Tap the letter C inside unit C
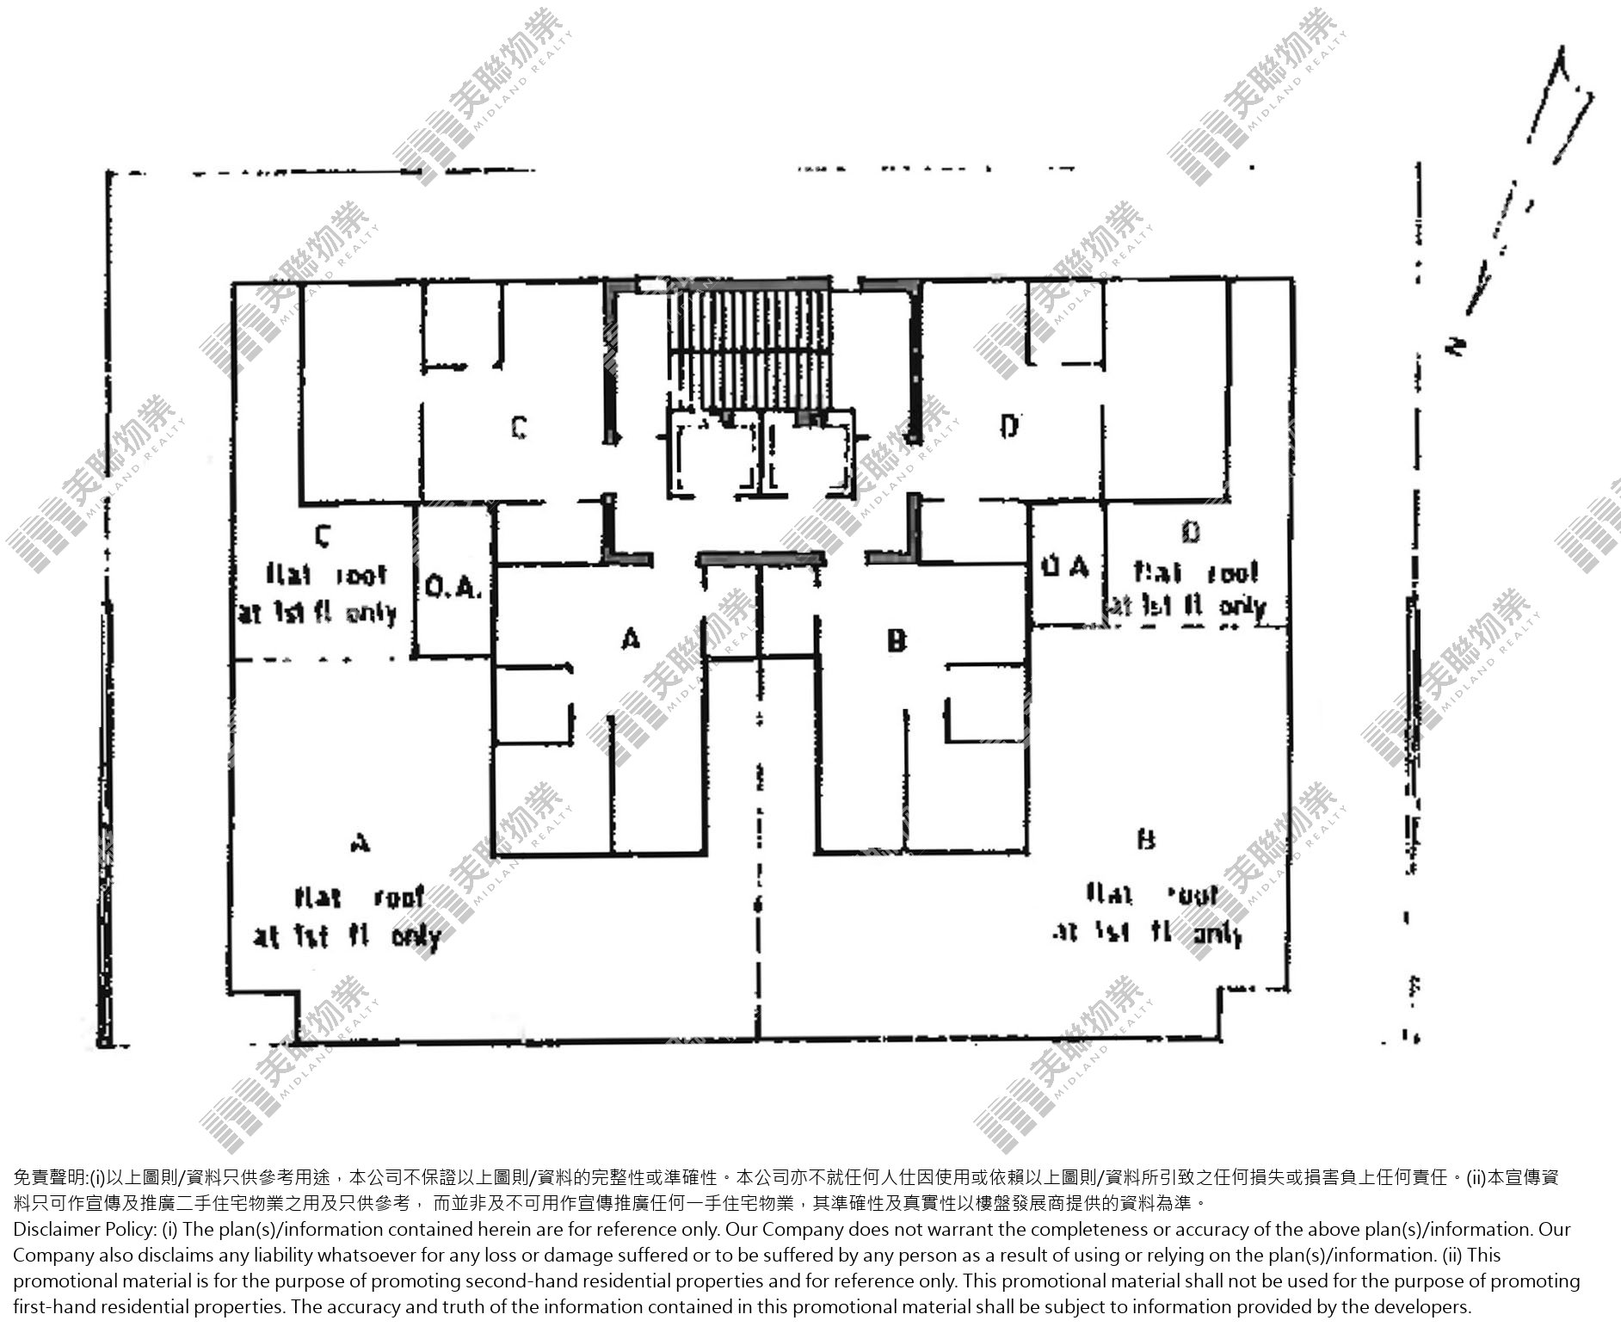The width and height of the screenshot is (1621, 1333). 519,427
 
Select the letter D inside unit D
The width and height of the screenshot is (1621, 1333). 1010,425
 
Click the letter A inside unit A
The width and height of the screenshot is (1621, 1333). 632,639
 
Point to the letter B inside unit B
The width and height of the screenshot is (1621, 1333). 897,641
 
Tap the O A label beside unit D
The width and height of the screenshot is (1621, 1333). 1065,567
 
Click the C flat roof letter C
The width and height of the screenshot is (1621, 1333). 323,537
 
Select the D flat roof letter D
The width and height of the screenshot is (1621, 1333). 1191,534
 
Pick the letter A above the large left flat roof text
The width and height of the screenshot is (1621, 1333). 361,842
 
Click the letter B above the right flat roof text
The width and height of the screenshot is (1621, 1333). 1146,839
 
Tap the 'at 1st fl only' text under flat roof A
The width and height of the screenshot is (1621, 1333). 347,936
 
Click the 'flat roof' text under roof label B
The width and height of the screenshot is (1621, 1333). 1153,896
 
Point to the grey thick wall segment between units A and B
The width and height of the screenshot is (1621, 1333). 761,559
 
